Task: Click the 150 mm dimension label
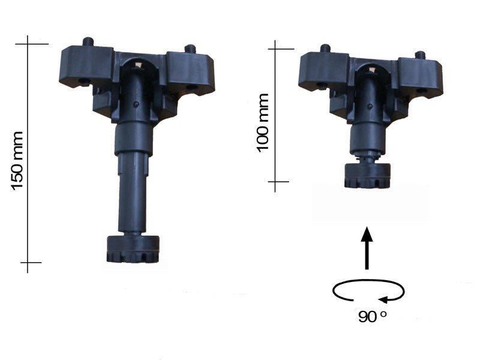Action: point(17,161)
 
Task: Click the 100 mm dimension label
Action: point(262,123)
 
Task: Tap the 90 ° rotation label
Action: point(372,317)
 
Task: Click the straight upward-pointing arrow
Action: point(367,248)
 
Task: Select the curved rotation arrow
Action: point(368,290)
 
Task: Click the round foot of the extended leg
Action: point(133,249)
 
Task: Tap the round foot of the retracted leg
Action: point(367,175)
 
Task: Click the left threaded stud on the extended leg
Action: point(88,41)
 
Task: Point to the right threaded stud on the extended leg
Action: point(190,49)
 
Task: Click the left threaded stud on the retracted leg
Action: point(325,49)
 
